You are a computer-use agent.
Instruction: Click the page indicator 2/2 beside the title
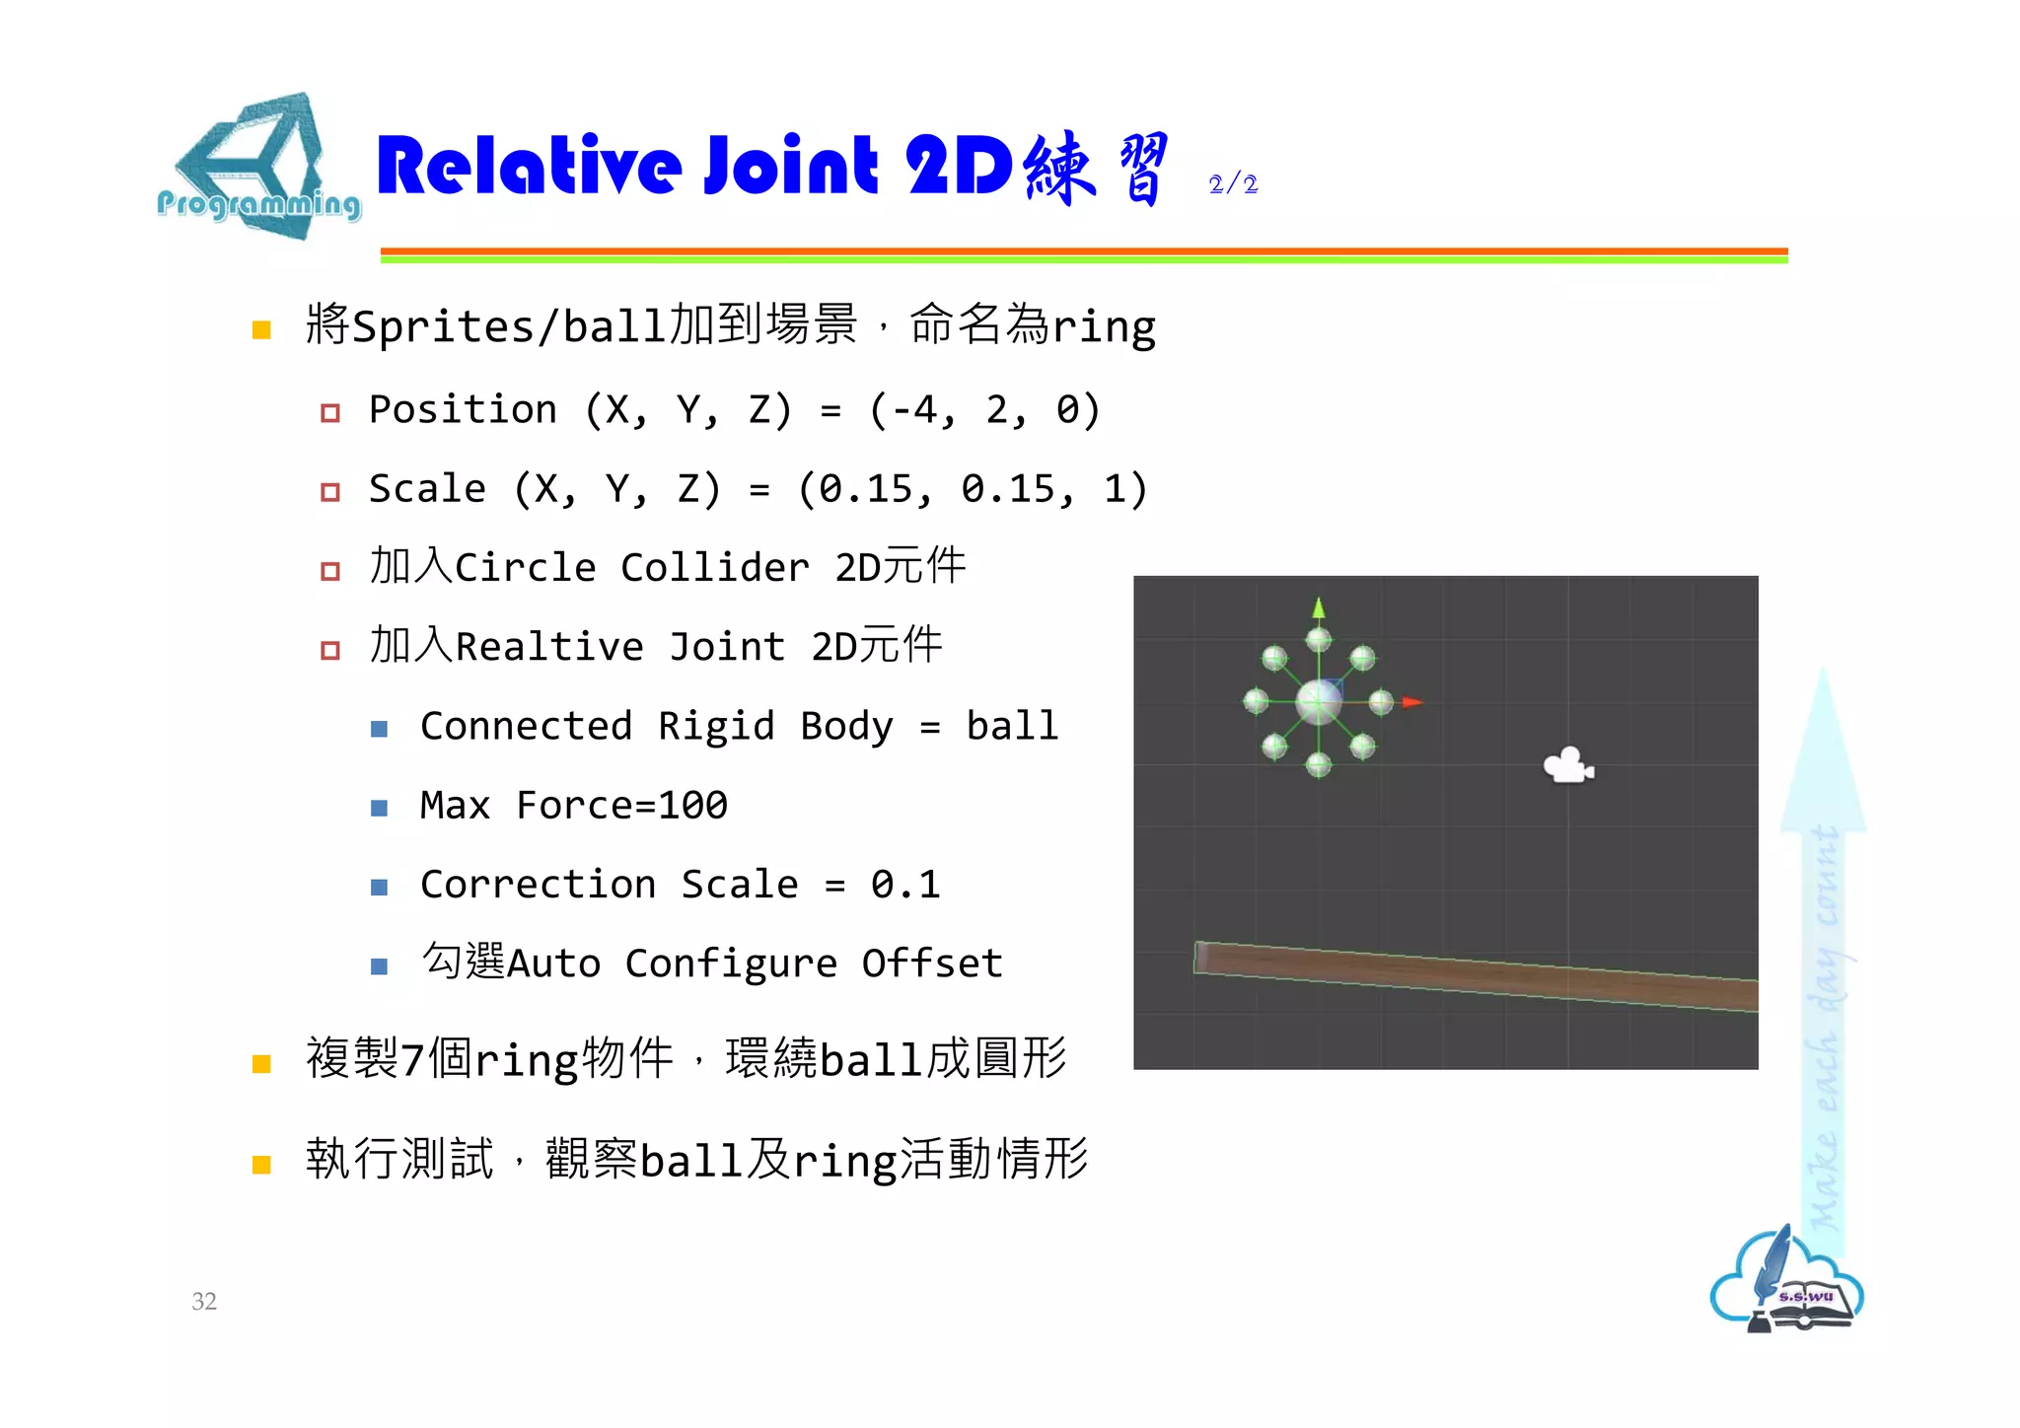point(1233,184)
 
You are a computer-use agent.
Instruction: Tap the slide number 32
point(204,1301)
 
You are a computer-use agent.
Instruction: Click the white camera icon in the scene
point(1567,765)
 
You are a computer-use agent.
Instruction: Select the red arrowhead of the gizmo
point(1412,702)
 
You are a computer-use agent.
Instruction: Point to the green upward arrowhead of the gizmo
point(1319,607)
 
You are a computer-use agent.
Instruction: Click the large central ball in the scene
point(1319,702)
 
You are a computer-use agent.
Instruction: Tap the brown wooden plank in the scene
point(1476,976)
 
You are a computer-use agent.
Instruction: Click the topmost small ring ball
point(1319,640)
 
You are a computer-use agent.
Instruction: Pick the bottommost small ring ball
point(1319,764)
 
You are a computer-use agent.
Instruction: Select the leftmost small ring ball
point(1256,701)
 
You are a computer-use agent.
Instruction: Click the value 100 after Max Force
point(692,806)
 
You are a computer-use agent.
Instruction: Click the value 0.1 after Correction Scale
point(905,885)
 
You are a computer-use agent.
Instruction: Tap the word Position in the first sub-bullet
point(463,410)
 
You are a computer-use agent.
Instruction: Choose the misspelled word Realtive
point(549,647)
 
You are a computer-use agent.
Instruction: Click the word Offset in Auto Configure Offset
point(932,964)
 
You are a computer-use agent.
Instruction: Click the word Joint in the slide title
point(790,166)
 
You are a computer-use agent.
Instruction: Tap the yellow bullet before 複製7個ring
point(261,1063)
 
